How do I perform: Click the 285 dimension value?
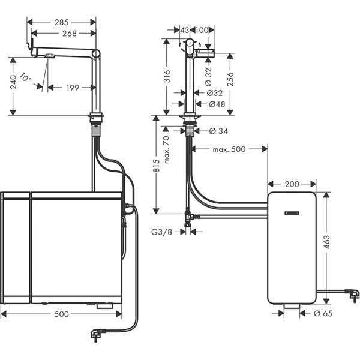[x=62, y=22]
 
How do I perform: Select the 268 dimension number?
[x=70, y=34]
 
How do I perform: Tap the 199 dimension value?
[x=73, y=88]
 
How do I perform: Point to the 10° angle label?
[x=26, y=77]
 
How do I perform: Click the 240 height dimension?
[x=13, y=82]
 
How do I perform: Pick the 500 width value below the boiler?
[x=62, y=314]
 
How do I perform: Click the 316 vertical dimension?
[x=167, y=76]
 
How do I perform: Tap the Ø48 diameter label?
[x=217, y=104]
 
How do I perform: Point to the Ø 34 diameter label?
[x=218, y=131]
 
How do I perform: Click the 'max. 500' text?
[x=229, y=149]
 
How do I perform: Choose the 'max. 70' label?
[x=167, y=149]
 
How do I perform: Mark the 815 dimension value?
[x=156, y=166]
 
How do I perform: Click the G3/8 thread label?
[x=161, y=232]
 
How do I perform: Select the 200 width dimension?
[x=292, y=184]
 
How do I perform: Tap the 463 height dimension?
[x=327, y=242]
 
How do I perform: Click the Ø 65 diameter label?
[x=323, y=313]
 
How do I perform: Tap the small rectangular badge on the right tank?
[x=292, y=213]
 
